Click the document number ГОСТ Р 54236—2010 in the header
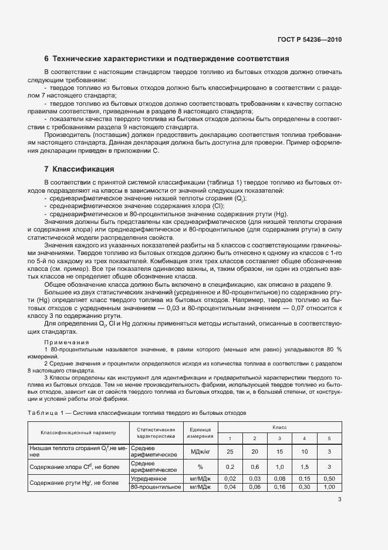(x=309, y=40)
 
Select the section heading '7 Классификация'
(x=79, y=169)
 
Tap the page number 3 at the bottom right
(x=339, y=500)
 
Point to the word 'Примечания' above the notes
(x=67, y=342)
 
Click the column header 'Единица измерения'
(x=200, y=432)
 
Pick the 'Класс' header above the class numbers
(x=279, y=427)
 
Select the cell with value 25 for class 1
(x=230, y=451)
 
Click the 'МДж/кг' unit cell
(x=200, y=451)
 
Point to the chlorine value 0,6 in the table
(x=255, y=467)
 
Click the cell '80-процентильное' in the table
(x=154, y=487)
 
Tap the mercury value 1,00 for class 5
(x=329, y=487)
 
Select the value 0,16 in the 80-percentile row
(x=279, y=487)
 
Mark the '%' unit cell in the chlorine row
(x=200, y=467)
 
